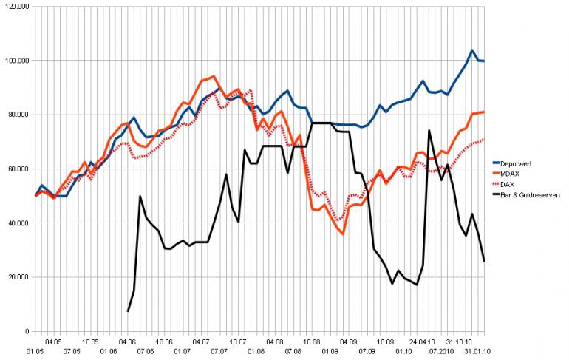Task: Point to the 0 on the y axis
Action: pos(27,331)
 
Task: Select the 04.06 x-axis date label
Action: pos(128,342)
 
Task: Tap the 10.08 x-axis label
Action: pos(311,342)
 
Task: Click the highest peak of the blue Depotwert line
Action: pos(472,50)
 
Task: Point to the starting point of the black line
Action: pos(128,311)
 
